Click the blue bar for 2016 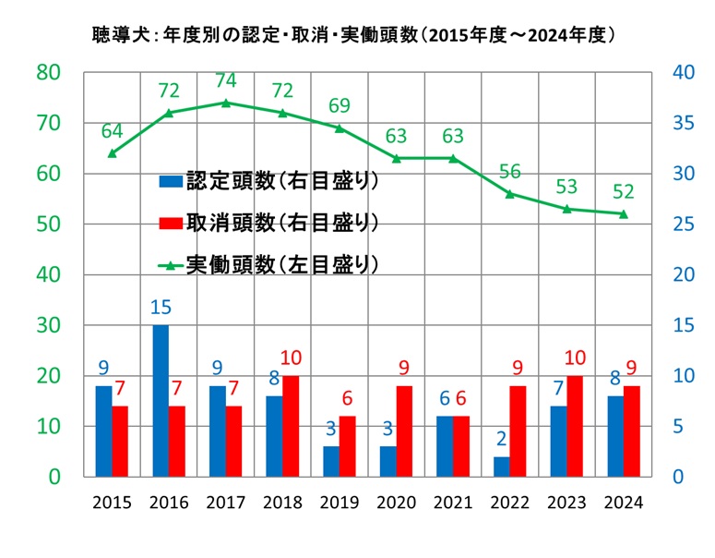click(x=161, y=401)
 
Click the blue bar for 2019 click(x=331, y=461)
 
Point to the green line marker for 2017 click(x=225, y=103)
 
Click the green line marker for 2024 click(x=623, y=213)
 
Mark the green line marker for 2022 click(x=509, y=193)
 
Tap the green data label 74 click(x=226, y=80)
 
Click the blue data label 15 click(x=161, y=306)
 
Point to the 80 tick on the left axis click(x=49, y=72)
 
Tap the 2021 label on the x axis click(x=452, y=503)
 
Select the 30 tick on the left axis click(x=49, y=325)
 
